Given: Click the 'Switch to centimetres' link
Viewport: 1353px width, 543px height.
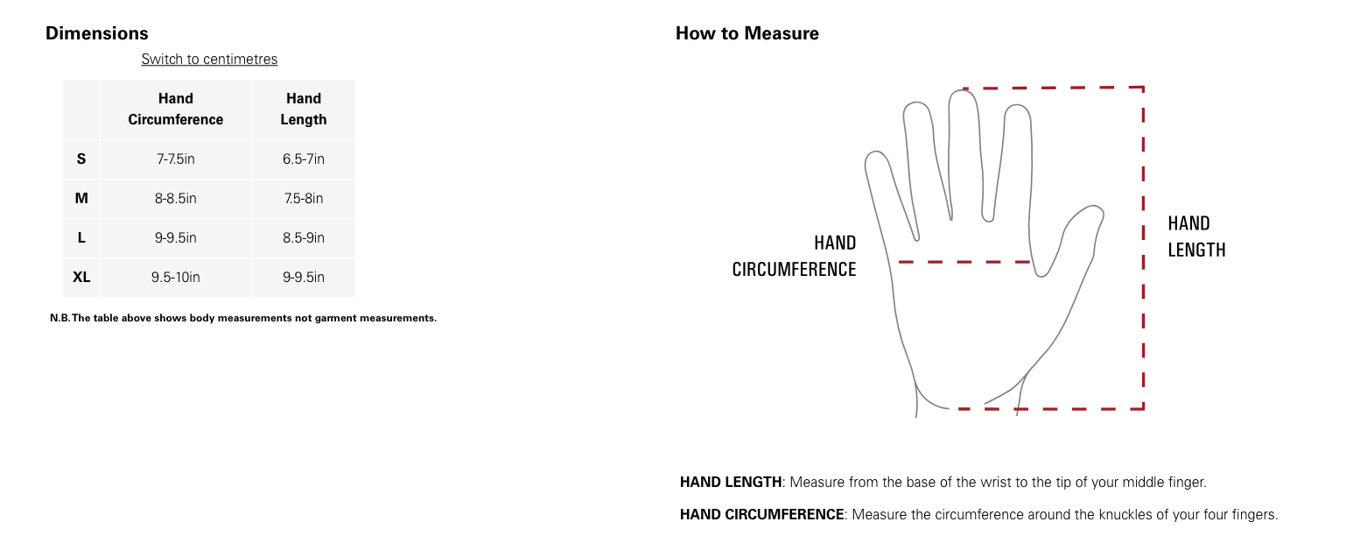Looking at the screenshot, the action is [x=209, y=60].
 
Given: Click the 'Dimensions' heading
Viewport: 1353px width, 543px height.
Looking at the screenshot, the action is [x=96, y=33].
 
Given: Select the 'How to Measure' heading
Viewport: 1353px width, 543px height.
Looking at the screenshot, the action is [x=747, y=33].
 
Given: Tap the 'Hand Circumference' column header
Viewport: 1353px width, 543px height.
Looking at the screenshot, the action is [x=176, y=109].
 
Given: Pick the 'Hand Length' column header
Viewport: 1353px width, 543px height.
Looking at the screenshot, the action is [x=303, y=109].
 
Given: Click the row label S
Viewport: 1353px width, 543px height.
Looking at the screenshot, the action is [x=81, y=159].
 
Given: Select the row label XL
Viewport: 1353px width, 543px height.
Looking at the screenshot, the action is [x=81, y=277].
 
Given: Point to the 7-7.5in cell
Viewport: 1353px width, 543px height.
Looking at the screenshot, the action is [x=176, y=159].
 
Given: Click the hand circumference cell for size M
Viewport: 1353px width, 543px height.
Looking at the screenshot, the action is [x=176, y=198].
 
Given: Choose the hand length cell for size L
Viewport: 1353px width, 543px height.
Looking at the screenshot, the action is [x=303, y=237].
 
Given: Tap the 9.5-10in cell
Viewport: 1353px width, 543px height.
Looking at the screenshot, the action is [x=176, y=277].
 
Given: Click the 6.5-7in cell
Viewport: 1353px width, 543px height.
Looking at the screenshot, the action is [x=303, y=159].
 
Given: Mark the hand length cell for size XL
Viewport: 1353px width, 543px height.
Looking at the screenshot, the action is [x=303, y=277].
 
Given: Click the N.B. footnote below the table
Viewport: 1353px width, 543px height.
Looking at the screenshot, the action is [x=242, y=318].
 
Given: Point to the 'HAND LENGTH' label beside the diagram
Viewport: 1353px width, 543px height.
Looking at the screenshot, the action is [x=1196, y=236].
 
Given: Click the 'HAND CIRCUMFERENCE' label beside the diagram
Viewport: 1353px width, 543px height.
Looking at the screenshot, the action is [x=795, y=256].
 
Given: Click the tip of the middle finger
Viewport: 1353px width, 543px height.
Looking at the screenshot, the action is [x=964, y=91].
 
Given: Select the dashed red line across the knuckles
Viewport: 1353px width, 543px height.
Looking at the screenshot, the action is [x=964, y=262].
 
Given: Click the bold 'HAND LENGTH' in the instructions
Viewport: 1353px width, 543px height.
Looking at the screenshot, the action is [x=731, y=482].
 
